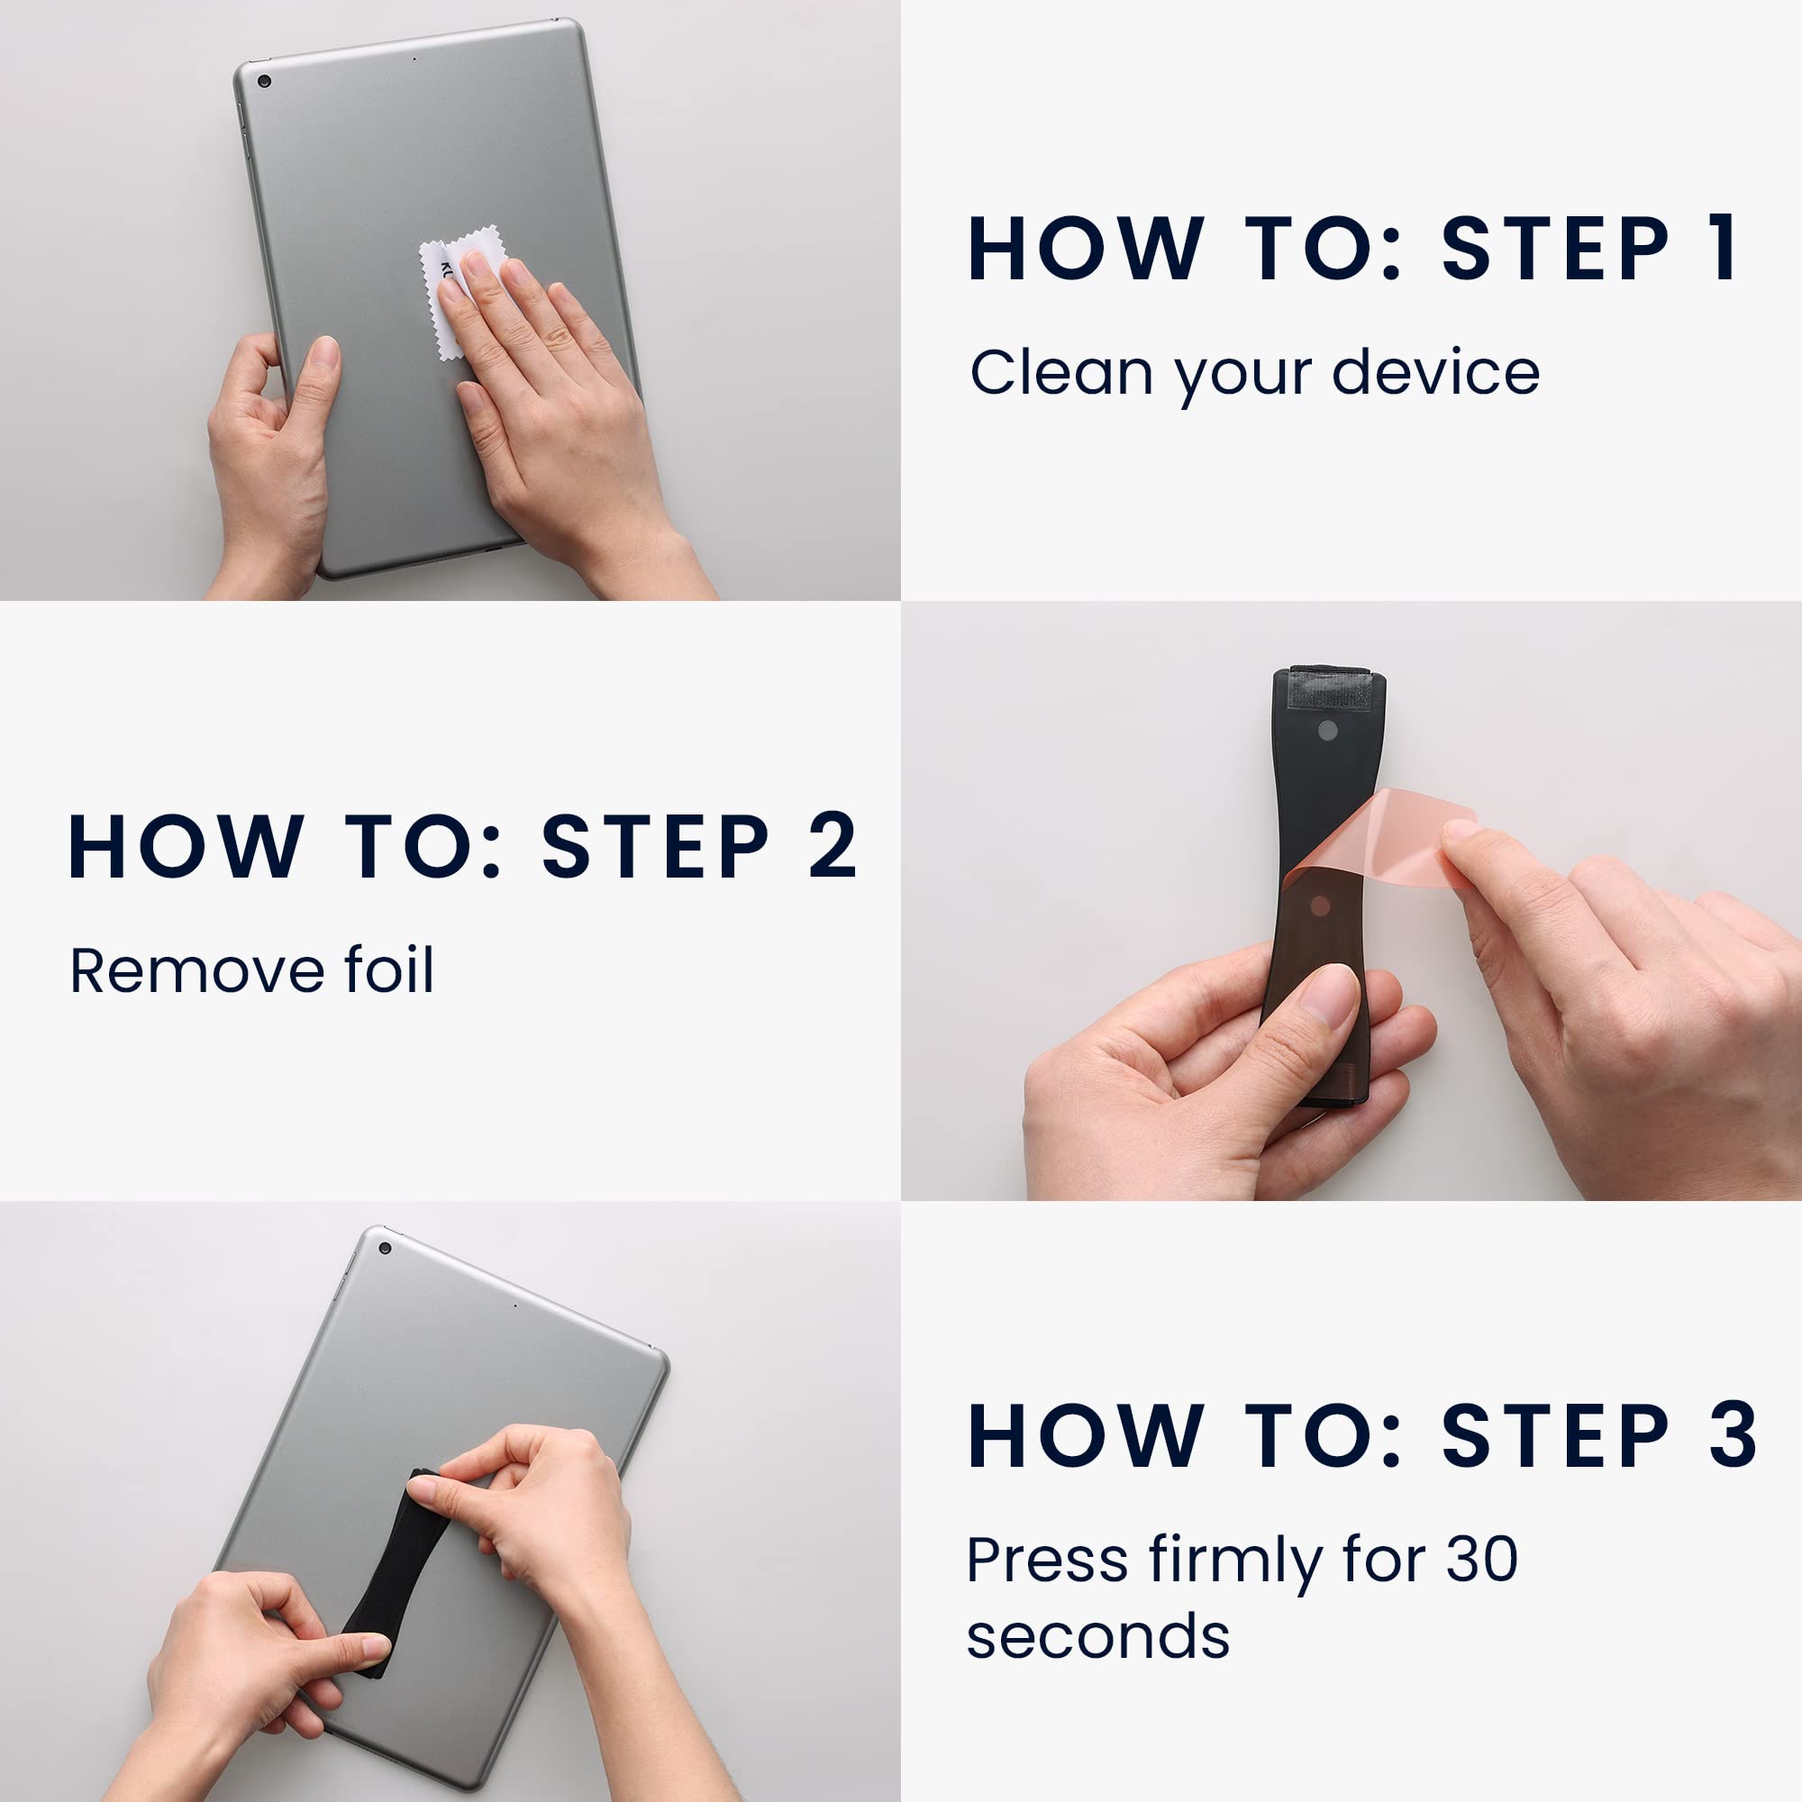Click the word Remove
tap(196, 970)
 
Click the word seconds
tap(1097, 1636)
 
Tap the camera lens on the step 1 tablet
tap(264, 81)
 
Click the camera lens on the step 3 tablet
tap(386, 1248)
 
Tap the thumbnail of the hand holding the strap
tap(1329, 996)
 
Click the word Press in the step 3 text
tap(1046, 1560)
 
